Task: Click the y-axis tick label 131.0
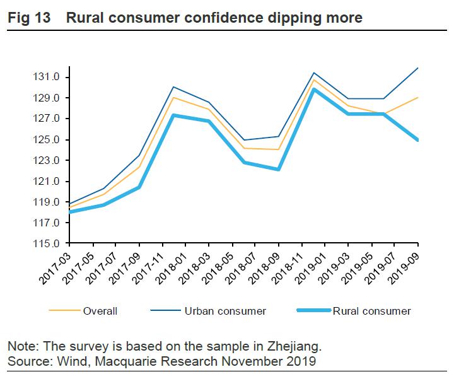47,78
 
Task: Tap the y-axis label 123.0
47,161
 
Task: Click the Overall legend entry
100,311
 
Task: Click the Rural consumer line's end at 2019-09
418,140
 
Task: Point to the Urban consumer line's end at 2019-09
418,68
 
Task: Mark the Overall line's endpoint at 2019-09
418,98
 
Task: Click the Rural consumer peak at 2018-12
314,90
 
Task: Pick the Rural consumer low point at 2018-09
278,170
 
